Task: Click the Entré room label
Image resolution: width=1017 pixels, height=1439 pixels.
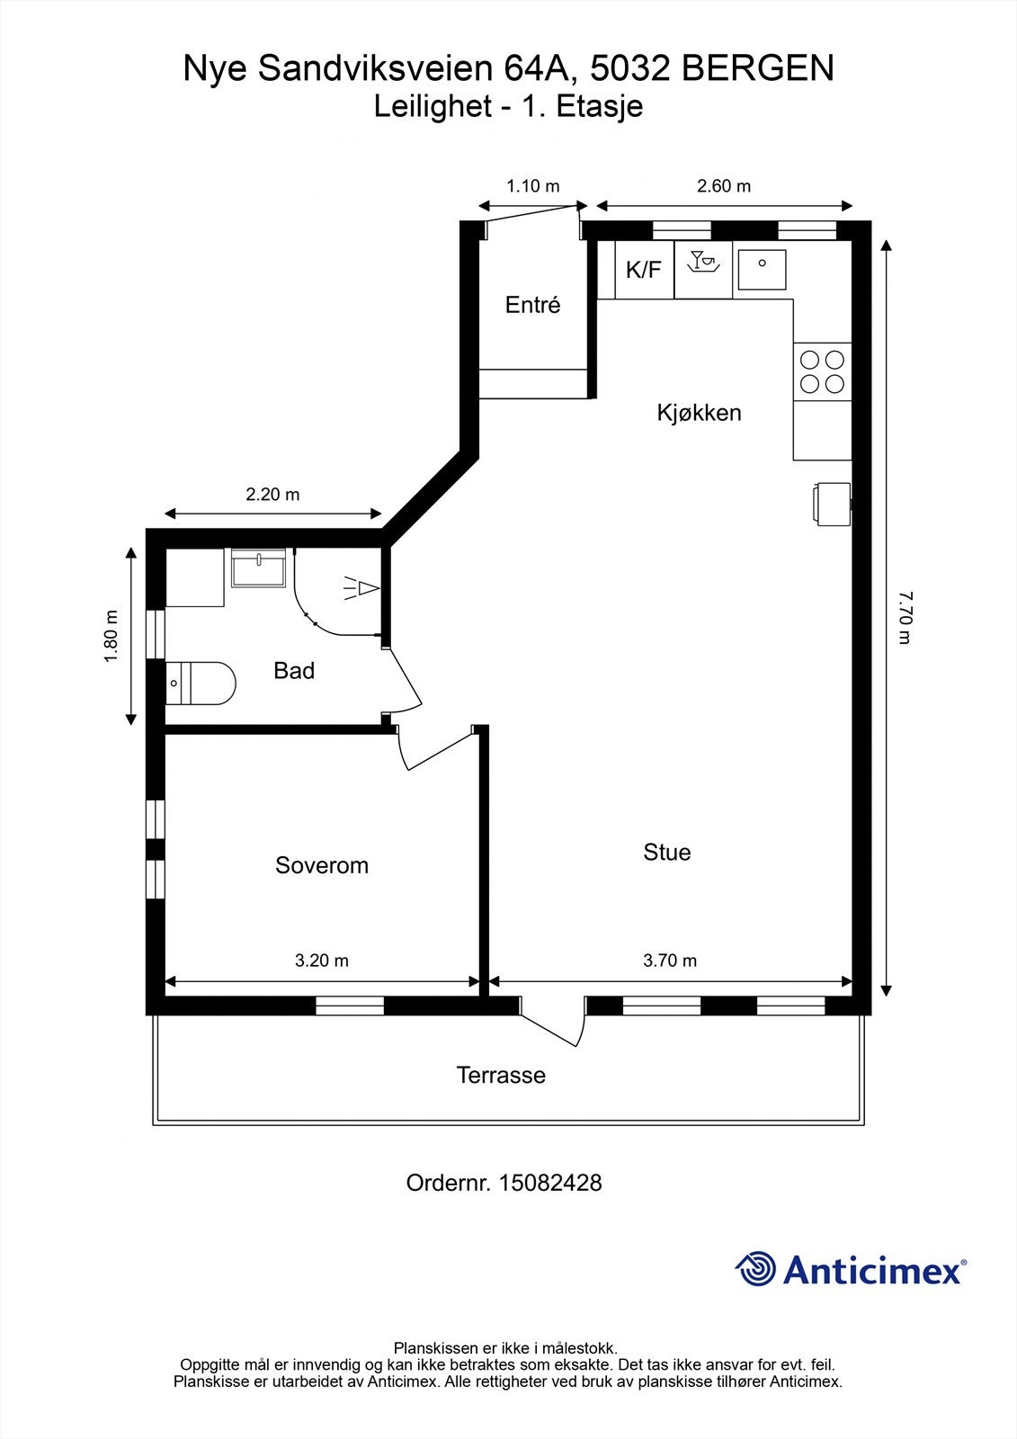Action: click(x=532, y=305)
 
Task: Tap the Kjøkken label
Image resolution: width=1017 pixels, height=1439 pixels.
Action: click(x=699, y=413)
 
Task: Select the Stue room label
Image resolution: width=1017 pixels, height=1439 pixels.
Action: click(x=667, y=853)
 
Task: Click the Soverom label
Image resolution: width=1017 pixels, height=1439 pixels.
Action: click(x=322, y=865)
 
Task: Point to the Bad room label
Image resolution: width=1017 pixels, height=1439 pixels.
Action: click(x=294, y=671)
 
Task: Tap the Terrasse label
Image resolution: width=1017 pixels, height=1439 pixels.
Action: click(x=501, y=1075)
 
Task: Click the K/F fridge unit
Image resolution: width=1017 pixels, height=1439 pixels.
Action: click(x=645, y=270)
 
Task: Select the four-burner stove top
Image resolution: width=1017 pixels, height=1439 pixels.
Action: click(x=823, y=372)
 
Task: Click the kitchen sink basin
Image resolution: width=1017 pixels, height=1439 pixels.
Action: click(x=762, y=269)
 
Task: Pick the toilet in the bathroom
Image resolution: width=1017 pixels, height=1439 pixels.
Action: click(x=201, y=683)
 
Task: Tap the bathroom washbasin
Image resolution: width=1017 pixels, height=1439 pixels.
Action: click(x=258, y=568)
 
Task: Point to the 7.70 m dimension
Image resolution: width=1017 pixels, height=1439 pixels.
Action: click(x=905, y=618)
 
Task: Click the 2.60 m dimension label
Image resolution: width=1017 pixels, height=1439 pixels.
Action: click(x=724, y=185)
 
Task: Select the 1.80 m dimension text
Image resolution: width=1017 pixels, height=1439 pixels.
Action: click(x=112, y=636)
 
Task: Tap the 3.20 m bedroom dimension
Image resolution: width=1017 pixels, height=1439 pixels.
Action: click(x=322, y=961)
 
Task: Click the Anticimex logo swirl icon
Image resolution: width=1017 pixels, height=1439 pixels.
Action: click(x=755, y=1268)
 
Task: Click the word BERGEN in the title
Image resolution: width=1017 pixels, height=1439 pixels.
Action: click(x=757, y=68)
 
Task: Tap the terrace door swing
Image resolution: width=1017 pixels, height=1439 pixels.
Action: click(x=553, y=1021)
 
